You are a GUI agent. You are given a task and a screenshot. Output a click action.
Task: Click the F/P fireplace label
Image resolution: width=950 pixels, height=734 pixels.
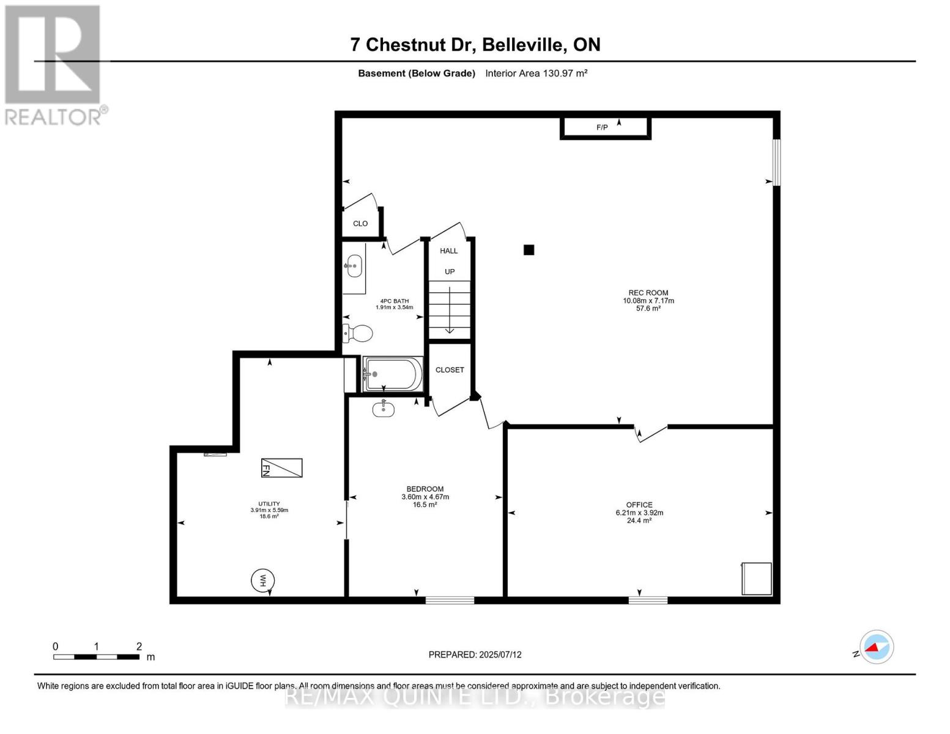(602, 127)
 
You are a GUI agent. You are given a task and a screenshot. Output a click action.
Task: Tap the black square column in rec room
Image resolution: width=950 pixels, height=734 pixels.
(529, 250)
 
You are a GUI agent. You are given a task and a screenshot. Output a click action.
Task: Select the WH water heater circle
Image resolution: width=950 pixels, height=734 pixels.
(262, 580)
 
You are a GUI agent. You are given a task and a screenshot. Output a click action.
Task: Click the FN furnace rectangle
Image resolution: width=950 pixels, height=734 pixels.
(281, 468)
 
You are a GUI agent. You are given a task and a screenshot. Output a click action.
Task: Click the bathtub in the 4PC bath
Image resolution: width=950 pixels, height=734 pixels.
(393, 374)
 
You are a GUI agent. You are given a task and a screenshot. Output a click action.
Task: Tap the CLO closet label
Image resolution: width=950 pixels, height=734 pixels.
(360, 223)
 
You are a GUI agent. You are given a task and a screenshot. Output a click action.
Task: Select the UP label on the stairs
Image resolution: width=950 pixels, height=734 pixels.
(450, 272)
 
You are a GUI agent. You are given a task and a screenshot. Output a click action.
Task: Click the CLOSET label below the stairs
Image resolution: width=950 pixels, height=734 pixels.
(450, 369)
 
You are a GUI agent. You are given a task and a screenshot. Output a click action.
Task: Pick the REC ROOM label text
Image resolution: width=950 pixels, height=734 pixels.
(648, 292)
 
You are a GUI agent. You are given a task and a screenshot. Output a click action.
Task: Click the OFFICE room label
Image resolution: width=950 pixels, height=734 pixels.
(639, 505)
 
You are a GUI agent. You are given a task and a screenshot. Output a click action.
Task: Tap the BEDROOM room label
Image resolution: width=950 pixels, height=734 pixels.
(425, 489)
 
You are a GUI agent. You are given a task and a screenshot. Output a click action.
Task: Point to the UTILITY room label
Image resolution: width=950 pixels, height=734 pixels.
(269, 504)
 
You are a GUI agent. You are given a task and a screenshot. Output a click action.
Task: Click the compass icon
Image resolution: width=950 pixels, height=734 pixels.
(877, 647)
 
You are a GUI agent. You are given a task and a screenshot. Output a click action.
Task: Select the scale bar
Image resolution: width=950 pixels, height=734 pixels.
(96, 657)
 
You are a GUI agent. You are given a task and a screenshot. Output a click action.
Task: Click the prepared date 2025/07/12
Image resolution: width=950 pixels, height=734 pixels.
(475, 654)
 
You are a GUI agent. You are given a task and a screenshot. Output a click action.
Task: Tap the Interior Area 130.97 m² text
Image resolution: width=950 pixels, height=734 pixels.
(536, 73)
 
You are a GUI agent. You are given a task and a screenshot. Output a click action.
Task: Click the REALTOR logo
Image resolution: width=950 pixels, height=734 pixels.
(54, 64)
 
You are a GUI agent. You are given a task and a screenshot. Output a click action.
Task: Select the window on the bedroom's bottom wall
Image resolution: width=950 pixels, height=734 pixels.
(450, 601)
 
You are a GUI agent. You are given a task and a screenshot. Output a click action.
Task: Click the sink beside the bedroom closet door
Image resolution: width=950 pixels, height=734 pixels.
(384, 409)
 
